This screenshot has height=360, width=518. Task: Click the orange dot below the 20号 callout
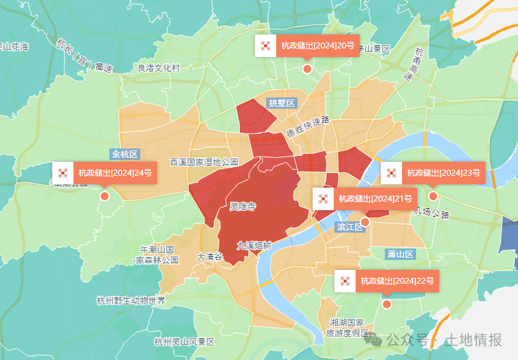307,68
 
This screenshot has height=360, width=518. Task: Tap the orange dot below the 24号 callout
104,196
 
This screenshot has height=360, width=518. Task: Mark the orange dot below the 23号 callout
433,196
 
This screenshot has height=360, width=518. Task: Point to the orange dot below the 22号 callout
387,304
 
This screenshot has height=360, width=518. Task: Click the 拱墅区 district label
282,103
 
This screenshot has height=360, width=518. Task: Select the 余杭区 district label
125,154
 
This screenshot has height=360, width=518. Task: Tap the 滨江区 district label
350,227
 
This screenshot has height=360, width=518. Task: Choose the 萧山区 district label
400,254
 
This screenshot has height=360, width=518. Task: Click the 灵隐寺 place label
242,206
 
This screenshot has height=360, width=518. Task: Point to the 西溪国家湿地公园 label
204,162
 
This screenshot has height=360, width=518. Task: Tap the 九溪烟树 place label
254,245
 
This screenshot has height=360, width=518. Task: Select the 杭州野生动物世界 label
130,300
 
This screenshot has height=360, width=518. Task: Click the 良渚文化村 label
158,68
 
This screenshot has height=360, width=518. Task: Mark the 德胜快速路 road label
308,127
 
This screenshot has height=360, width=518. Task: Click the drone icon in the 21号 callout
323,198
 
